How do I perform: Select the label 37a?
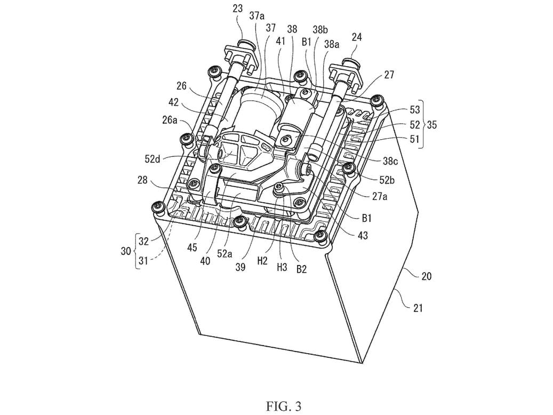(x=257, y=17)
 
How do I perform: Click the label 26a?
(x=182, y=121)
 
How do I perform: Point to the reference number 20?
(x=426, y=276)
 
